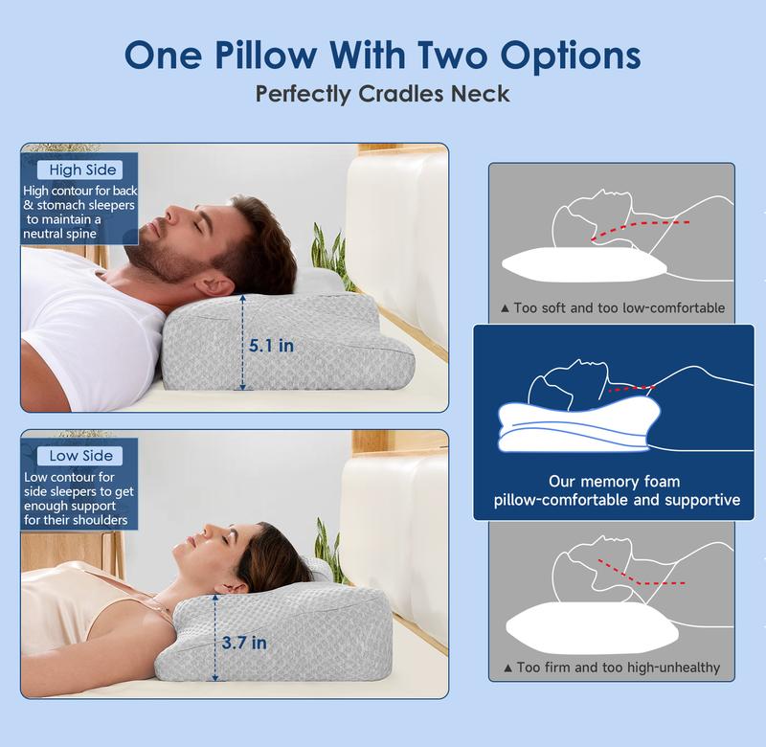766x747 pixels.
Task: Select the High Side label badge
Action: point(82,170)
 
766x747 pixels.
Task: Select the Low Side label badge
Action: point(81,456)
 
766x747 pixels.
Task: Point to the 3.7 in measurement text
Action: point(244,643)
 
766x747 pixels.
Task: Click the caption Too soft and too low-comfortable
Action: point(613,308)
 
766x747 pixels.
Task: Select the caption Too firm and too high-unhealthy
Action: point(612,667)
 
